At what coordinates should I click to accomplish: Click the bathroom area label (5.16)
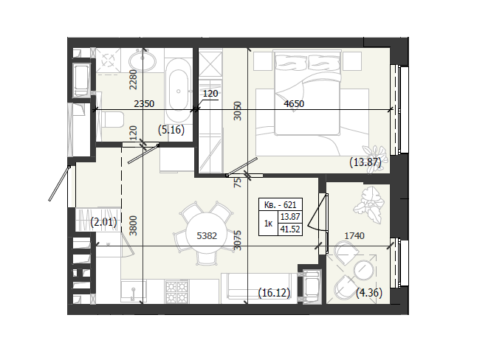[x=171, y=130]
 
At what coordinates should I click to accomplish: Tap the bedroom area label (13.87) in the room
[x=365, y=162]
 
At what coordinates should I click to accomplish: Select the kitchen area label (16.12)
[x=275, y=293]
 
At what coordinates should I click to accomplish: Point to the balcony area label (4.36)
[x=369, y=293]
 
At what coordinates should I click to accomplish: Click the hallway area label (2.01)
[x=103, y=222]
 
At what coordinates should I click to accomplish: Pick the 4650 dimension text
[x=294, y=103]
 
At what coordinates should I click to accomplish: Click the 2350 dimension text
[x=144, y=103]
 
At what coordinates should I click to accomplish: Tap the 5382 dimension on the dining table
[x=207, y=235]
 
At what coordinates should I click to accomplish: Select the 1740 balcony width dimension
[x=354, y=235]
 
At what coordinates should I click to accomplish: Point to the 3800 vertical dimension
[x=134, y=226]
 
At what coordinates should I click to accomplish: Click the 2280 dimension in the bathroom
[x=134, y=80]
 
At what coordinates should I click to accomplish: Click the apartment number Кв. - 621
[x=281, y=205]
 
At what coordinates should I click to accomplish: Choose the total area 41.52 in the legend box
[x=290, y=229]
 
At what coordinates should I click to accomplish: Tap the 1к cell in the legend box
[x=268, y=224]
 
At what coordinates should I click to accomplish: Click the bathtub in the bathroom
[x=178, y=91]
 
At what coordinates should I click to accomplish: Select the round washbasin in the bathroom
[x=143, y=60]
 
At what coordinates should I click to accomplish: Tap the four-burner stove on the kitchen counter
[x=177, y=291]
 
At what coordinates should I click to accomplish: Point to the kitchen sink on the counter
[x=134, y=291]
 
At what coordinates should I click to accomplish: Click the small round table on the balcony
[x=364, y=269]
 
